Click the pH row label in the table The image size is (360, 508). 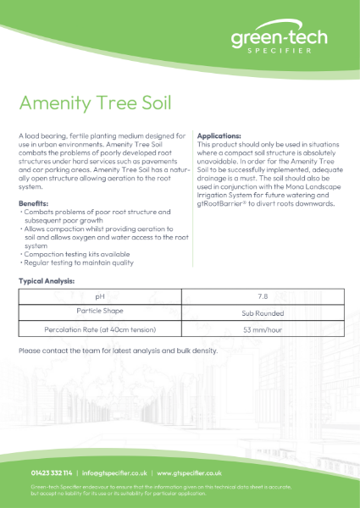click(99, 297)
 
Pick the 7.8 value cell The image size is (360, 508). click(262, 297)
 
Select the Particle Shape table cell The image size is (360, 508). click(99, 313)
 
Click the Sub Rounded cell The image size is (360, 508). click(262, 313)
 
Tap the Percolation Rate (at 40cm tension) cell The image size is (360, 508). click(99, 329)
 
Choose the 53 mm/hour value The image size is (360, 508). click(262, 329)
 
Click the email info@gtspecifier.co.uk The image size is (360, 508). click(115, 473)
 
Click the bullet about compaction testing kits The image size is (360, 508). click(72, 254)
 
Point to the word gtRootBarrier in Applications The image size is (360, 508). click(223, 204)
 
